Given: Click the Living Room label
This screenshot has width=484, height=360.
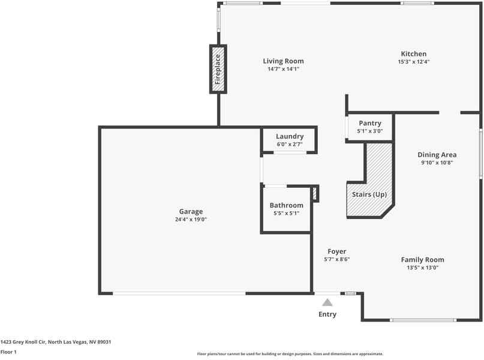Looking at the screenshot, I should (x=283, y=61).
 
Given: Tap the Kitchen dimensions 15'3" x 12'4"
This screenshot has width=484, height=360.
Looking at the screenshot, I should (x=413, y=62).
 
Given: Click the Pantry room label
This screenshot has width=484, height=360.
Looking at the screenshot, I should (x=370, y=123).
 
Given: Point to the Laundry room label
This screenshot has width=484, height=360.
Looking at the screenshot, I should (x=290, y=136).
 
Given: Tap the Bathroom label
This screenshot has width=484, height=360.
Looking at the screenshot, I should (x=286, y=205).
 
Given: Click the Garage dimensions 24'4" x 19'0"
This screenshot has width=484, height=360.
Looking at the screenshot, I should (x=191, y=220).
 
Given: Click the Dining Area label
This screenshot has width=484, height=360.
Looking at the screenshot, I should (x=437, y=154).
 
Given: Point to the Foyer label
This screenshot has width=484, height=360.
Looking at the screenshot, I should (x=336, y=251).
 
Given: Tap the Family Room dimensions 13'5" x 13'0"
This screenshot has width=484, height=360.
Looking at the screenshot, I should (x=422, y=268).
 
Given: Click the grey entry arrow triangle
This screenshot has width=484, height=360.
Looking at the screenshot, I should (x=327, y=302).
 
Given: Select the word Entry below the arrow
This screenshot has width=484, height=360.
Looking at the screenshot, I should (x=327, y=314).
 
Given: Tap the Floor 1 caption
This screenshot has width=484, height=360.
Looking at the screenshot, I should (x=8, y=352).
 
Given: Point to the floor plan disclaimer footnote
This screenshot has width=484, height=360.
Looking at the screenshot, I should (x=290, y=354).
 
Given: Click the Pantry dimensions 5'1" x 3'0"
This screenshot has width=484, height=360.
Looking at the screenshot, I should (x=370, y=131).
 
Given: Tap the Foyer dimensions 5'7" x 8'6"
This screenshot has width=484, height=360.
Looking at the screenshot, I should (x=336, y=259).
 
